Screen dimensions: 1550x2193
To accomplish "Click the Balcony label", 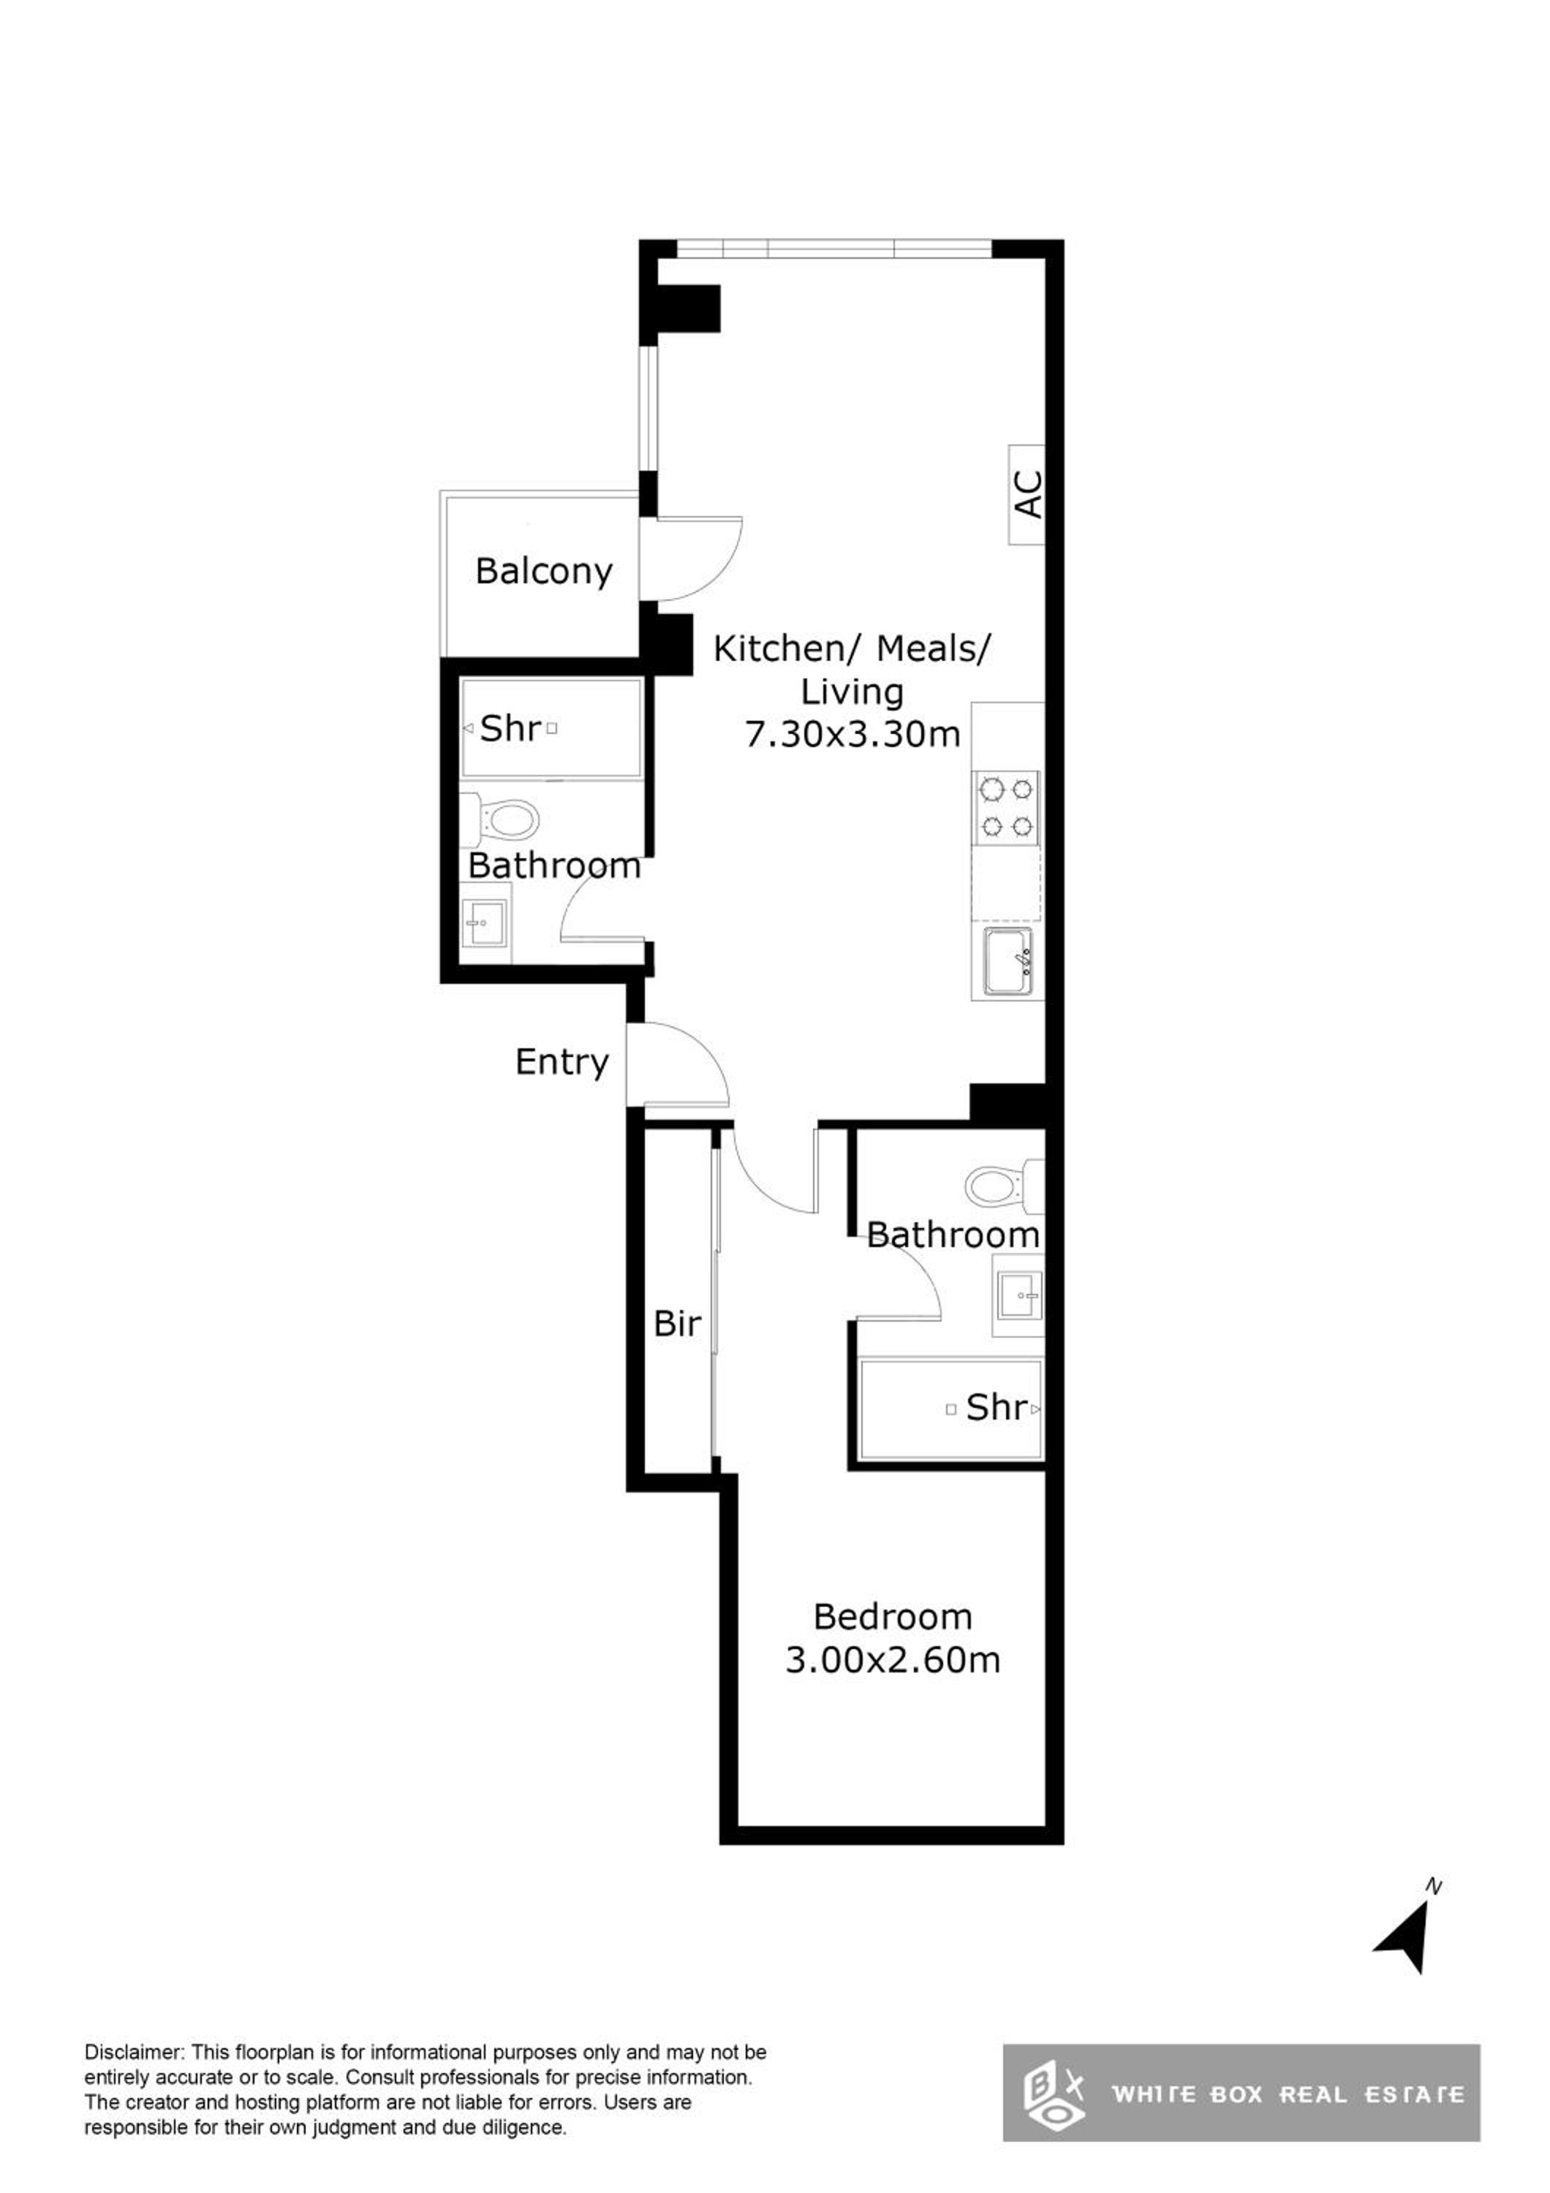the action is pyautogui.click(x=543, y=571).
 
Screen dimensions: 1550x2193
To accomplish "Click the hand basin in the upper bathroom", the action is pyautogui.click(x=486, y=922).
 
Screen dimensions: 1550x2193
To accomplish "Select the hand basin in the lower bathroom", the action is pyautogui.click(x=1018, y=1296).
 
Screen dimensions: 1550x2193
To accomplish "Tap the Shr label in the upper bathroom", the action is pyautogui.click(x=510, y=729).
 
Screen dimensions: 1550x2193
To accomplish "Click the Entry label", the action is pyautogui.click(x=562, y=1062).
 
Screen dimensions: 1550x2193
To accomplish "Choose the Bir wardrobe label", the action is pyautogui.click(x=677, y=1324).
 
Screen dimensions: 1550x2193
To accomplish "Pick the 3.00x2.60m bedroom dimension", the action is pyautogui.click(x=893, y=1660).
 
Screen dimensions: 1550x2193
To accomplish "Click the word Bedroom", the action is pyautogui.click(x=893, y=1617).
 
